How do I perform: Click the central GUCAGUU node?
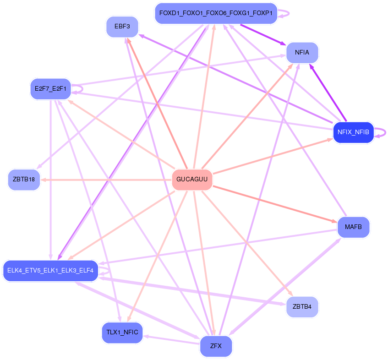[192, 180]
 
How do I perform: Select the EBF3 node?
[122, 27]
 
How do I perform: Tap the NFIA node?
[302, 53]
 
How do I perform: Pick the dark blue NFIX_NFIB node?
[353, 133]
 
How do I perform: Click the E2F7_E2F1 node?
[50, 88]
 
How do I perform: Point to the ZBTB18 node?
[24, 180]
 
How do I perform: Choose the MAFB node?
[353, 227]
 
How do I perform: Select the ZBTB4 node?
[302, 307]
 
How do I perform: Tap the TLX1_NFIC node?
[122, 333]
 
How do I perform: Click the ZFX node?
[216, 346]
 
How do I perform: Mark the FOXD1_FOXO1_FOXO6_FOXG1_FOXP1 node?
[216, 14]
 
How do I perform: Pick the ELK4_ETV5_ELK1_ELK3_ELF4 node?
[50, 271]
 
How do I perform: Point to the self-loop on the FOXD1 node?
[284, 14]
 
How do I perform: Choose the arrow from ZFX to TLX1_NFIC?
[172, 340]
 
